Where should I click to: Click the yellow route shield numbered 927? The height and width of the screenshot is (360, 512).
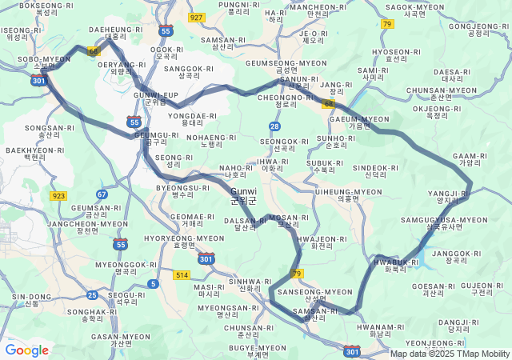point(197,17)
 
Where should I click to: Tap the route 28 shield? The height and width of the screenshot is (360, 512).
point(274,126)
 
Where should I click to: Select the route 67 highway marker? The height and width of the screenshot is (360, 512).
point(102,194)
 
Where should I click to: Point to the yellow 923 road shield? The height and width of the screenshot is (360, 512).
point(58,195)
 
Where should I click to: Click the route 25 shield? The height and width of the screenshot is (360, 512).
point(92,295)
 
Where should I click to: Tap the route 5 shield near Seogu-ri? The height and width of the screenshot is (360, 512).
point(153,283)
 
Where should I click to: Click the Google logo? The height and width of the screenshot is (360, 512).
point(26,350)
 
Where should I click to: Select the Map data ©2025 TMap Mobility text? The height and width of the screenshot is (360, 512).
point(450,354)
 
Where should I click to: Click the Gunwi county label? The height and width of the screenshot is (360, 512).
point(243,196)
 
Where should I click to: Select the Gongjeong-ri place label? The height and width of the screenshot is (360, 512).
point(479,30)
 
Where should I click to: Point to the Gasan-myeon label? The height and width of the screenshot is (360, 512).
point(121,340)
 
